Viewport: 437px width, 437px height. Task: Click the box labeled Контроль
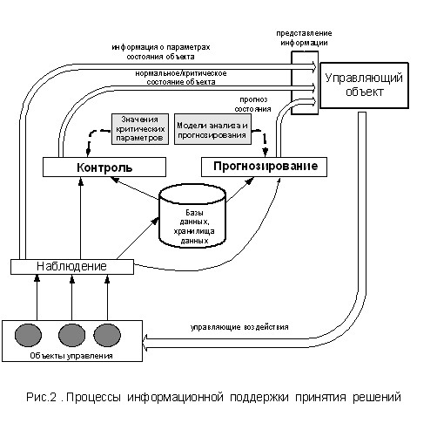coord(104,167)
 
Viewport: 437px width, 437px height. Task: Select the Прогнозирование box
coord(264,167)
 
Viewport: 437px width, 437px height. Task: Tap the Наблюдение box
coord(72,267)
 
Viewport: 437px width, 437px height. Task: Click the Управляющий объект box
coord(364,85)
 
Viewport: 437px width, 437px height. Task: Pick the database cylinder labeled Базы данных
coord(192,215)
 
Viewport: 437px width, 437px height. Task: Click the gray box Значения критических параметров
coord(140,129)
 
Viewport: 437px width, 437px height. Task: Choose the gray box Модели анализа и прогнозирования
coord(212,129)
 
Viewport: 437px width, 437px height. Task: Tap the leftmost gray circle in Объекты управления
coord(28,335)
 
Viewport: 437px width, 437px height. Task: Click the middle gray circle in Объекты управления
coord(72,335)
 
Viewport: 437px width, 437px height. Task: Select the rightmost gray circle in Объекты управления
coord(107,335)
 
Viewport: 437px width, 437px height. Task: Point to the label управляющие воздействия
coord(239,327)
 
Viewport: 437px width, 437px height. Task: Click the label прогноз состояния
coord(252,105)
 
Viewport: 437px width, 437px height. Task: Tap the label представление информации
coord(304,38)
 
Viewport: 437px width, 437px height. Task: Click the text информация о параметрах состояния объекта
coord(161,51)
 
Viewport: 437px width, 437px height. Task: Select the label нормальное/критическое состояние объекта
coord(181,78)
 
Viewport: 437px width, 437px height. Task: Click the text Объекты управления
coord(71,356)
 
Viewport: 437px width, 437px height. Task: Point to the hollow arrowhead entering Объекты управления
coord(145,343)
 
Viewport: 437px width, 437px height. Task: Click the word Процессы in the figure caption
coord(93,397)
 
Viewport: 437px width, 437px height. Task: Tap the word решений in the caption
coord(377,397)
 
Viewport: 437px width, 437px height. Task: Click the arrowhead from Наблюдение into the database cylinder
coord(156,221)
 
